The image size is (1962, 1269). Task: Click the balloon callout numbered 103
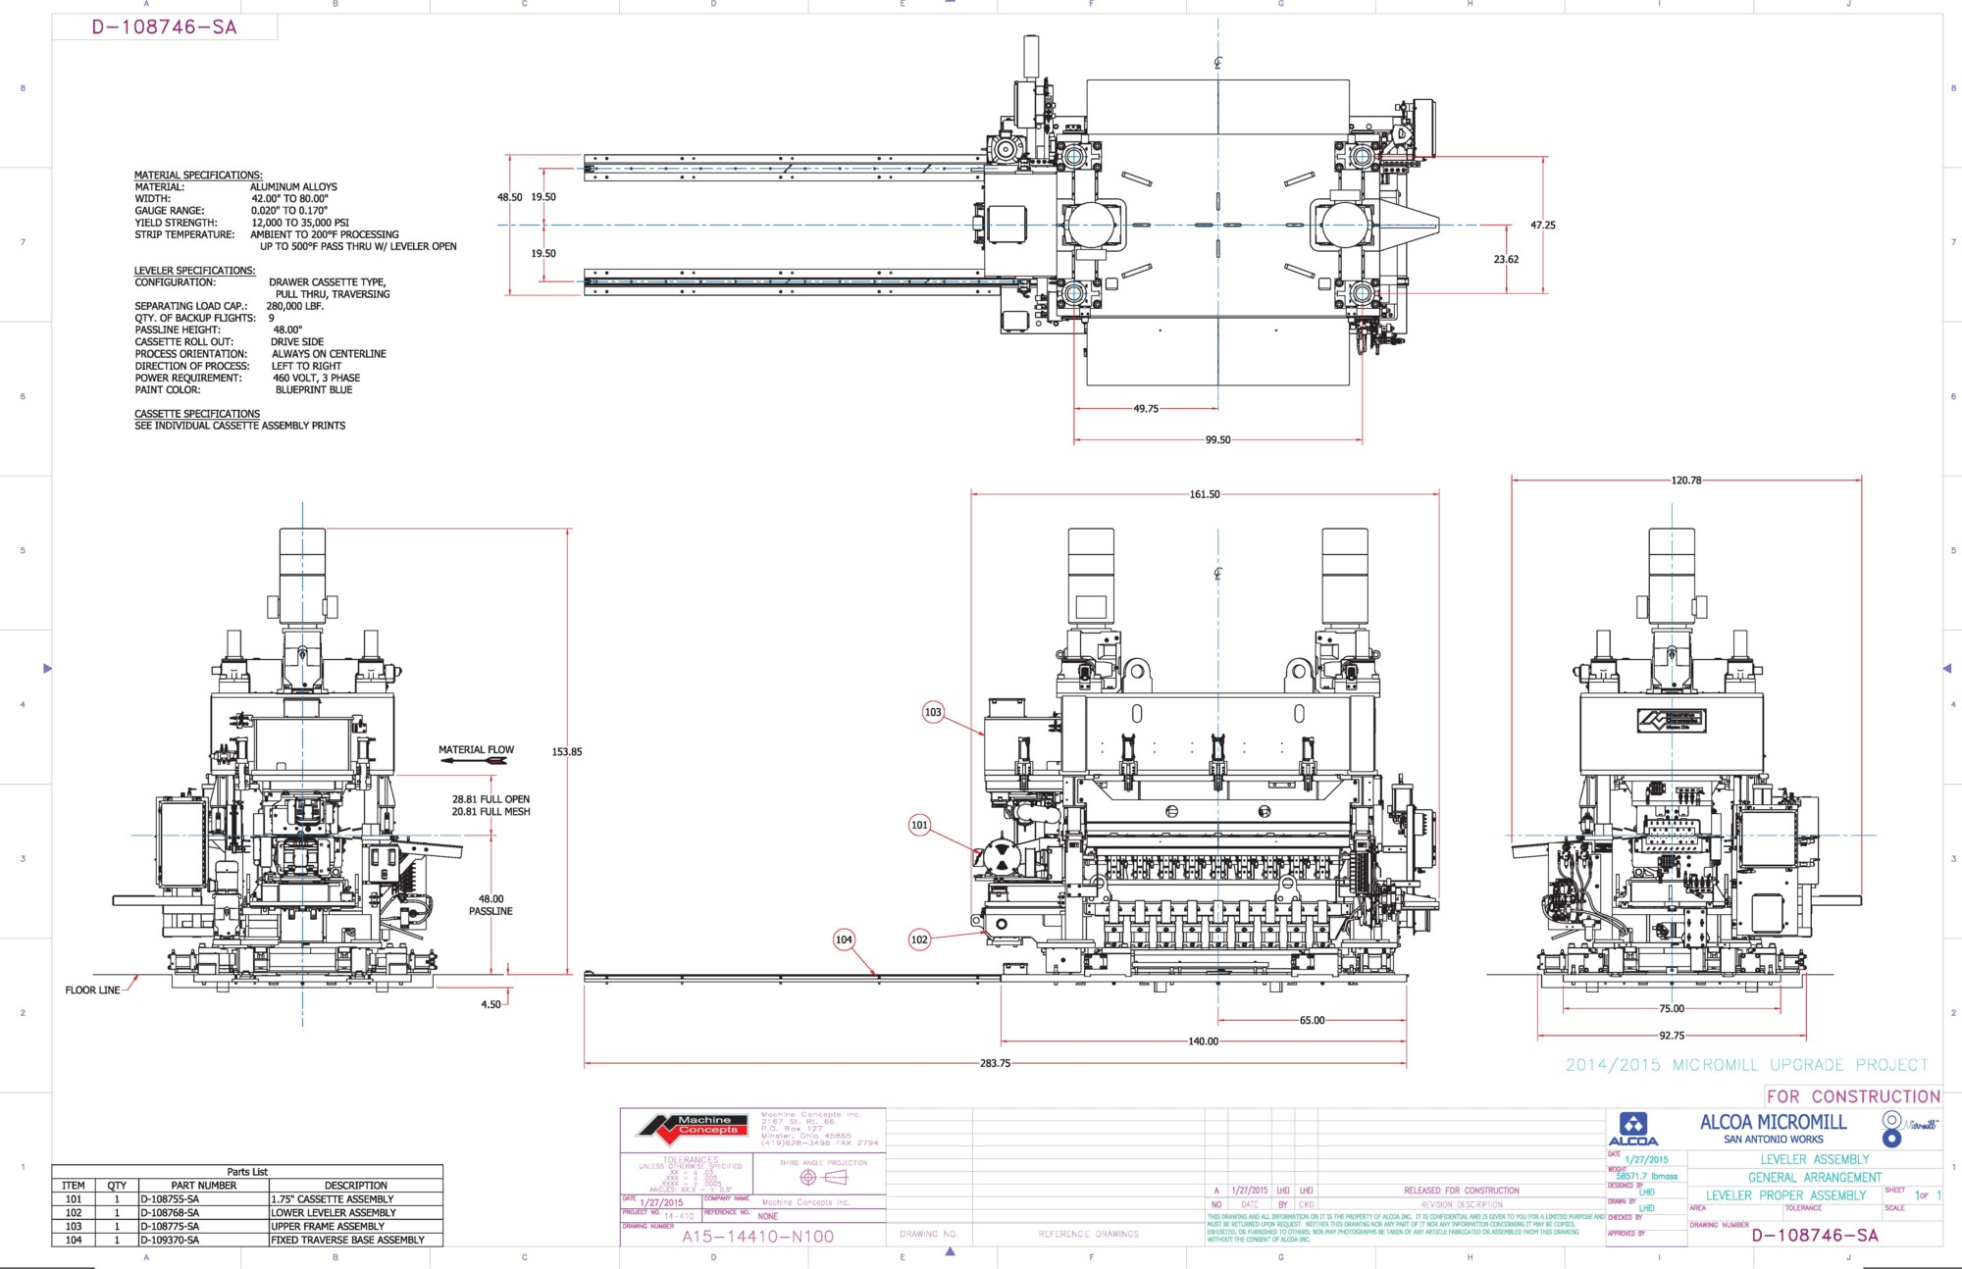(933, 712)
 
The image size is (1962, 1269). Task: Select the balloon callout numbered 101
(919, 825)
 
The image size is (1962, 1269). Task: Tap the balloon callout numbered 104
(844, 939)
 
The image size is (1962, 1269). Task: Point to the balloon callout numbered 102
(919, 939)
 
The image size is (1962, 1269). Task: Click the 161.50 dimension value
(1205, 494)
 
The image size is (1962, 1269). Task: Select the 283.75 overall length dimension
(995, 1063)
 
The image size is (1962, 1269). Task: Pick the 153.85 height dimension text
(566, 752)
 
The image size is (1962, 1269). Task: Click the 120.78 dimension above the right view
(1686, 481)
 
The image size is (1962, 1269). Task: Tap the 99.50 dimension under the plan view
(1217, 440)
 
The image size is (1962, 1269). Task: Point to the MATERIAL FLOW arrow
(474, 761)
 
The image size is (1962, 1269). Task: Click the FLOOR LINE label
(92, 990)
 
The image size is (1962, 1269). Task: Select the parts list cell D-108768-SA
(170, 1213)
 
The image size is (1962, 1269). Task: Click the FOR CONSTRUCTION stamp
(1853, 1096)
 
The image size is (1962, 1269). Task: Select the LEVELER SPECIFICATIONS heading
(194, 271)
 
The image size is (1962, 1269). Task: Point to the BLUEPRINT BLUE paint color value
(314, 390)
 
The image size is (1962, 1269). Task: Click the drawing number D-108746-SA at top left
(164, 27)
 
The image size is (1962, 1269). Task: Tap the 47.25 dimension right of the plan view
(1543, 226)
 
